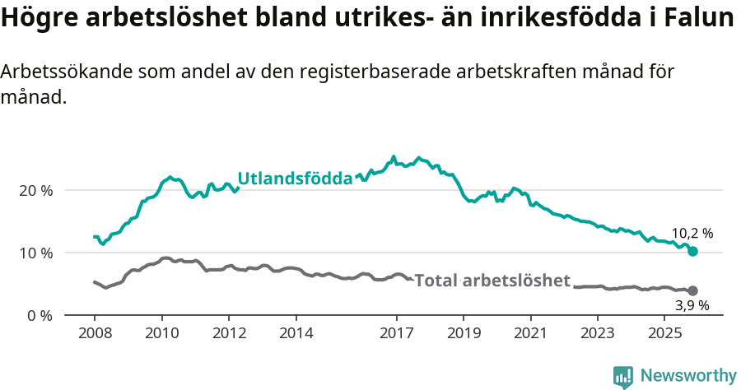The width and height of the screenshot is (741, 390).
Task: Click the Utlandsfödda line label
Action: point(295,179)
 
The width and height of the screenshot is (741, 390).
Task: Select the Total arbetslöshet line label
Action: point(492,281)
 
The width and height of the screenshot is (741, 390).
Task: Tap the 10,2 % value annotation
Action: point(692,233)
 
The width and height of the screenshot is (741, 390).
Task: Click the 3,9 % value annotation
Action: point(692,306)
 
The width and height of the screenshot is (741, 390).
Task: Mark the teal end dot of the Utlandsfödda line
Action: point(692,251)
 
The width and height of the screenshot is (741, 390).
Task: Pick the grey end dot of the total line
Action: point(692,290)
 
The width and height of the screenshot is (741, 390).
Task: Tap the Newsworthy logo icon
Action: point(623,377)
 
